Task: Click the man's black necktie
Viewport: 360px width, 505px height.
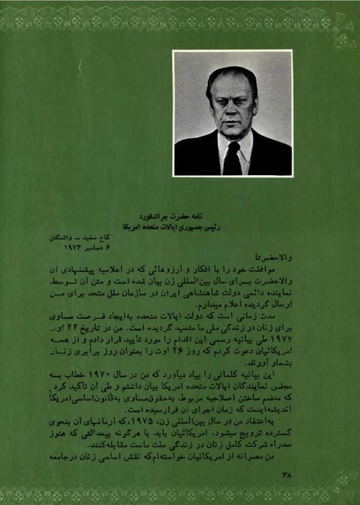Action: [x=231, y=158]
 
